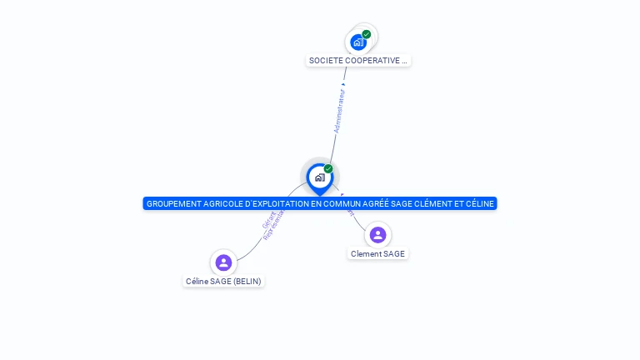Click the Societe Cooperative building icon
click(x=358, y=42)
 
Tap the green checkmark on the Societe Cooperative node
click(x=367, y=34)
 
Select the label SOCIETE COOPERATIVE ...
click(x=358, y=61)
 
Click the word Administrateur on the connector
click(x=338, y=110)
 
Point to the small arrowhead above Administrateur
click(x=343, y=82)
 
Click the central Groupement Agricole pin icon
click(x=319, y=177)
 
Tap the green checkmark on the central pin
click(x=328, y=169)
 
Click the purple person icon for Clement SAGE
click(x=377, y=235)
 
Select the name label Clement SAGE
click(x=377, y=254)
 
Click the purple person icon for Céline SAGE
click(x=223, y=262)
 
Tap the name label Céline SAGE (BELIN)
click(x=223, y=282)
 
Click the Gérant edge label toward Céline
click(x=269, y=220)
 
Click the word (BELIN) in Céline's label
click(x=247, y=282)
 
